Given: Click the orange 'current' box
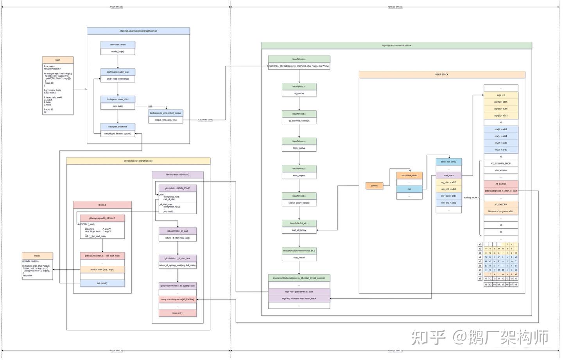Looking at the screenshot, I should coord(374,186).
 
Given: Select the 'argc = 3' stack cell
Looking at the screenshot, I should coord(500,95).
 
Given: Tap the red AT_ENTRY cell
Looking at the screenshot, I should coord(500,184).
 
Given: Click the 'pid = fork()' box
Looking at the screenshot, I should coord(118,106).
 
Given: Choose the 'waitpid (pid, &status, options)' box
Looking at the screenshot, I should coord(118,134).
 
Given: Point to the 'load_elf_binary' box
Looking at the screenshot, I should coord(299,230).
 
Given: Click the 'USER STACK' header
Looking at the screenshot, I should coord(442,75).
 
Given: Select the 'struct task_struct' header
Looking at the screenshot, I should coord(409,176).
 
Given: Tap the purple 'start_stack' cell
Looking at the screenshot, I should coord(448,176).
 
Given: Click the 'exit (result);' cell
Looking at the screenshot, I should coord(102,283).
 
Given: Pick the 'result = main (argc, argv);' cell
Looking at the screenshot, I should coord(102,269).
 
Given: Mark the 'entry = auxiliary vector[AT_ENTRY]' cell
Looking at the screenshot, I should coord(178,299).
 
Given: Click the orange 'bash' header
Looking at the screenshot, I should coord(58,60).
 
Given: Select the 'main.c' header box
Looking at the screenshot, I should coord(37,256).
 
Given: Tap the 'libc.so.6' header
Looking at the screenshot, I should coord(102,205).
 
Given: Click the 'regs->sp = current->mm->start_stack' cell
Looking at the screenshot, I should coord(299,299).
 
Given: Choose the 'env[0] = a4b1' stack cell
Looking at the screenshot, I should coord(500,129).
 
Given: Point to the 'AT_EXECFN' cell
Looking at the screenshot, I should coord(500,204).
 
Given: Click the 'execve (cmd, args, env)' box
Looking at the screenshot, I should coord(165,120).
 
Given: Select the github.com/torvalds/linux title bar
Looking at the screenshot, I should coord(396,46).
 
